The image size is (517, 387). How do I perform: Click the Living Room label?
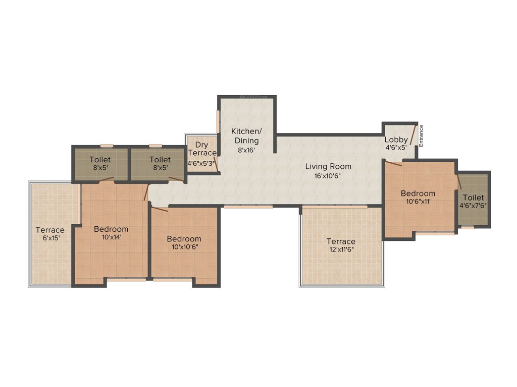click(x=328, y=166)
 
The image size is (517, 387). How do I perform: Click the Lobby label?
click(x=396, y=140)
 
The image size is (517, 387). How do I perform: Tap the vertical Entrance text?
click(x=421, y=136)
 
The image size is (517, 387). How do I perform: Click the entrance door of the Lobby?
click(x=412, y=135)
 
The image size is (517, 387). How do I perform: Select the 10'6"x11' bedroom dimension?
click(x=418, y=202)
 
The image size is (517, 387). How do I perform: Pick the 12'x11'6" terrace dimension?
click(x=341, y=250)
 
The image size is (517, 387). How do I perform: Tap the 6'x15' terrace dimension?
click(x=50, y=238)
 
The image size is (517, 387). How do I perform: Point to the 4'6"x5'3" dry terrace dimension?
click(x=201, y=163)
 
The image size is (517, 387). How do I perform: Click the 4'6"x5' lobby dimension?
click(x=396, y=148)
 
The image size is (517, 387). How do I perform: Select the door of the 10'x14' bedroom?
click(x=146, y=192)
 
